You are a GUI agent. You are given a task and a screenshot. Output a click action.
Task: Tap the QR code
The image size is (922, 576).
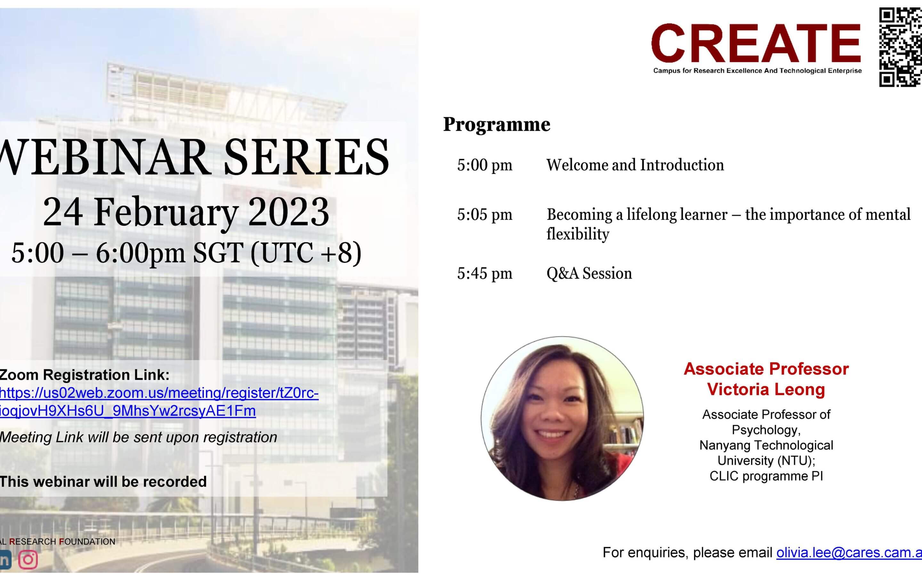pos(900,47)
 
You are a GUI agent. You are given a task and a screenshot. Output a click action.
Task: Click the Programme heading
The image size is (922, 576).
pos(497,124)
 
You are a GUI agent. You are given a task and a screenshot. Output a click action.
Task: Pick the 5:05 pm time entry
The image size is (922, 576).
pos(485,215)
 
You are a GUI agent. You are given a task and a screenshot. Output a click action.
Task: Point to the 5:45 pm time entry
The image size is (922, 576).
pos(485,274)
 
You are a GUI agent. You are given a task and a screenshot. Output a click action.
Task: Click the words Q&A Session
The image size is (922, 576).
pos(589,274)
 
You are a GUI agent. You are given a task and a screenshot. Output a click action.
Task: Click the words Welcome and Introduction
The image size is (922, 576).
pos(635,165)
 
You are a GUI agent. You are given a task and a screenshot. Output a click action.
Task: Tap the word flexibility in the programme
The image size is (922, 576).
pos(578,234)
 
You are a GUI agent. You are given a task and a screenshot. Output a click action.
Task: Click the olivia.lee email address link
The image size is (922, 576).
pos(849,553)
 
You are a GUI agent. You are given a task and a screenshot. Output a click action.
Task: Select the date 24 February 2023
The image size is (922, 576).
pos(186,212)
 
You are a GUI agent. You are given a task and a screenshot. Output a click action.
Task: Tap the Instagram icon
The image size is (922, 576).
pos(28,560)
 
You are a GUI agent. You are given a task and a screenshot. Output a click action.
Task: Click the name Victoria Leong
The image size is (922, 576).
pos(766,389)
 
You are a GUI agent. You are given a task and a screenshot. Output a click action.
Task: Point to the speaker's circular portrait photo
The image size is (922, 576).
pos(562,418)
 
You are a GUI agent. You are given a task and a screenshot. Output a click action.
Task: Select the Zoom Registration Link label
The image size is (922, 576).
pos(85,375)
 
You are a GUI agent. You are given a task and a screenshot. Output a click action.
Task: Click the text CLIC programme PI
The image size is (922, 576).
pos(766,476)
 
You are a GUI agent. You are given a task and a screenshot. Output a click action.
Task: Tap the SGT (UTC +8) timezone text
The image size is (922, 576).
pos(277,253)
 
